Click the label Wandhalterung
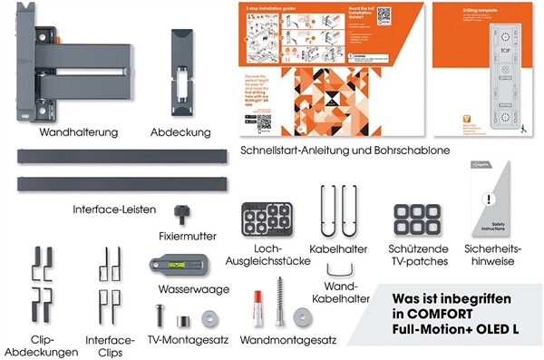click(x=79, y=132)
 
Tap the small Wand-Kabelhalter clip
click(x=340, y=270)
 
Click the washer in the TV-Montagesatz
click(x=211, y=319)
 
